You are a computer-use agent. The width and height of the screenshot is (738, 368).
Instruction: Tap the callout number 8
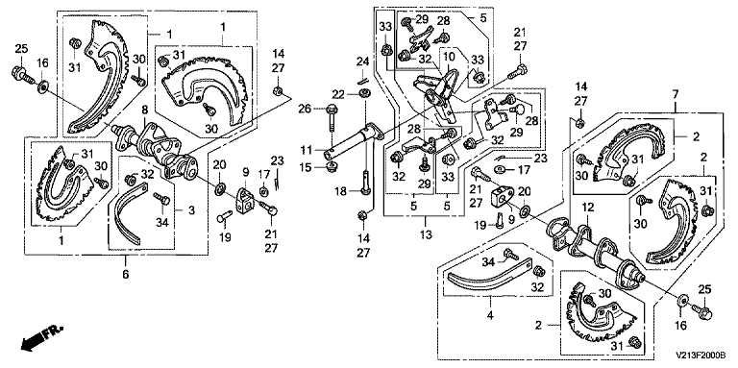(145, 110)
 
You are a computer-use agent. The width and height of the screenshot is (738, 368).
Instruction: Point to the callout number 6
(126, 274)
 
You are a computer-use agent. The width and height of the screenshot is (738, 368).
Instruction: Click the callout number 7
(675, 93)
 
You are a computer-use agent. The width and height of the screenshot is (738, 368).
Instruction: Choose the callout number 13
(427, 234)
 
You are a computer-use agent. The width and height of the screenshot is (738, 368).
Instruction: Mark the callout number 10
(449, 56)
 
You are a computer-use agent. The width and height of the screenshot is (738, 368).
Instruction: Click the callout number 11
(306, 150)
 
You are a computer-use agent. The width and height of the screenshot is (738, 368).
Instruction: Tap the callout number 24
(362, 61)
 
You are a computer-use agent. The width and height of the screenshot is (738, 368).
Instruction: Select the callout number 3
(191, 210)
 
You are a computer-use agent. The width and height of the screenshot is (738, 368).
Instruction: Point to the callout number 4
(491, 314)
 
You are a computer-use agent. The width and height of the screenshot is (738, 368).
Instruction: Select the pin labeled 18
(365, 181)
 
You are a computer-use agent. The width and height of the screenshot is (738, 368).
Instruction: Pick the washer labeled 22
(364, 95)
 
